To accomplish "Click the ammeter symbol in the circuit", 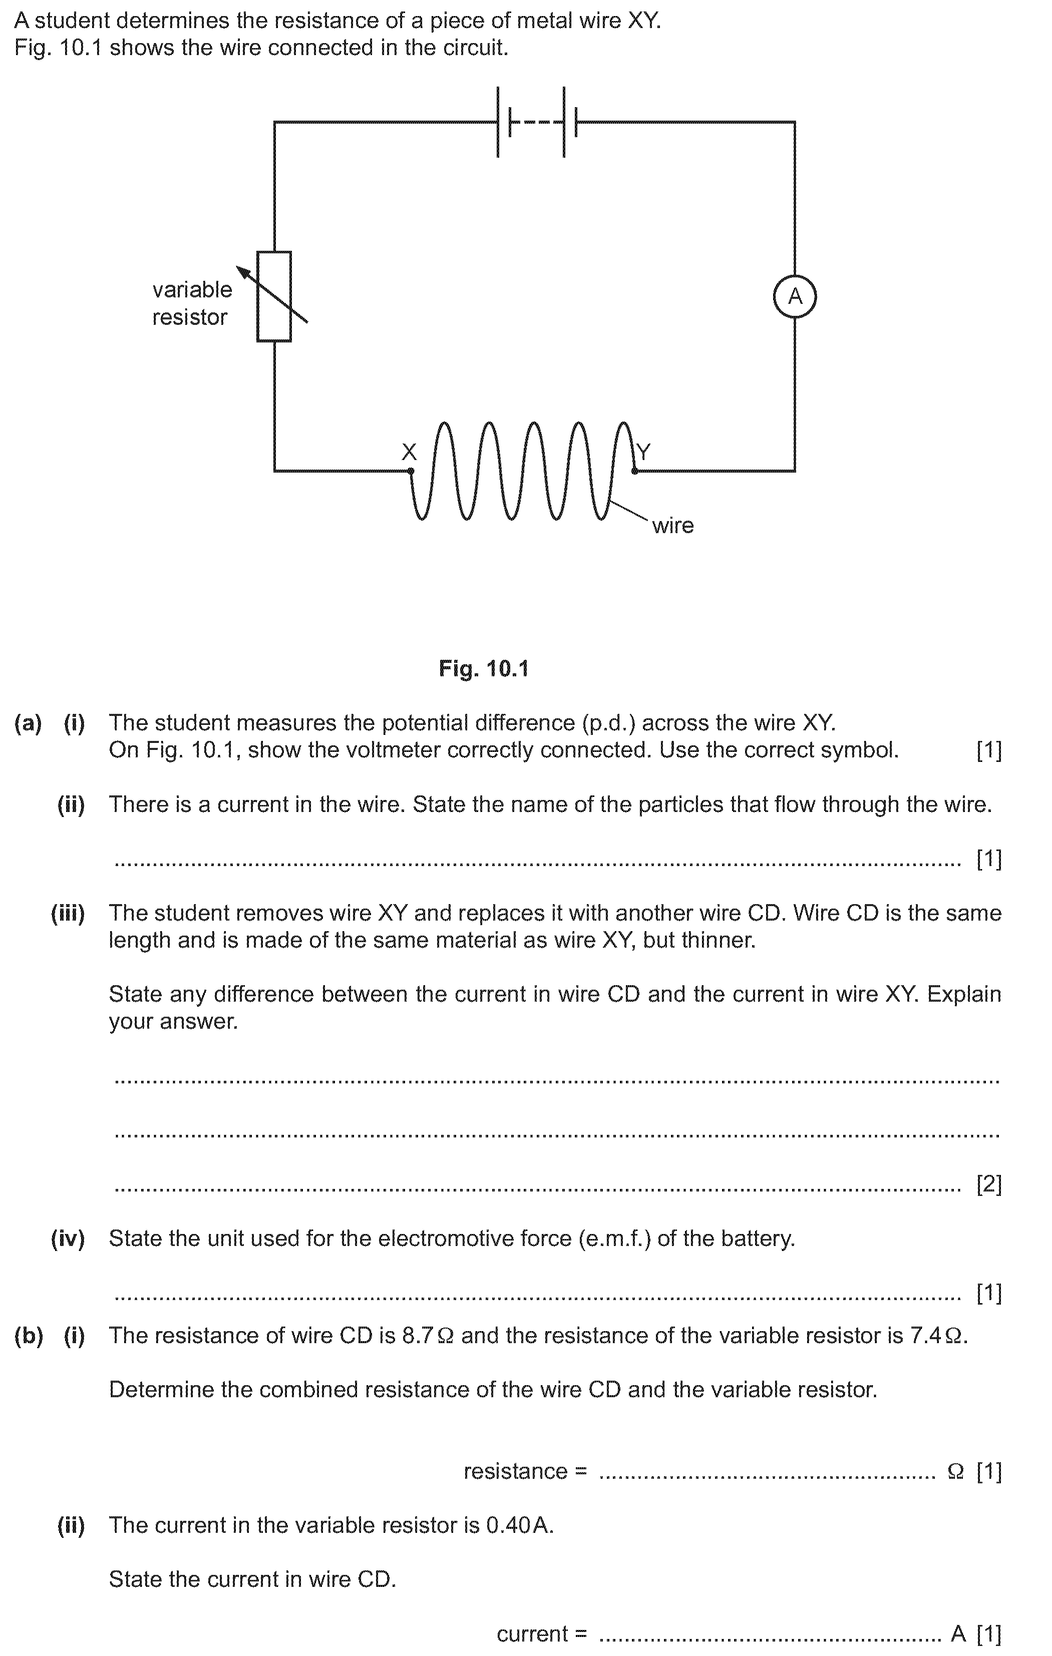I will pyautogui.click(x=795, y=296).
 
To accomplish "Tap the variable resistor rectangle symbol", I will pyautogui.click(x=274, y=296).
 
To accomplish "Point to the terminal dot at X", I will pyautogui.click(x=411, y=471).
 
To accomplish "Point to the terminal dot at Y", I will pyautogui.click(x=634, y=471).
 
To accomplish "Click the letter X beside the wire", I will pyautogui.click(x=409, y=452).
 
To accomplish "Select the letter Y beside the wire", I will pyautogui.click(x=643, y=452).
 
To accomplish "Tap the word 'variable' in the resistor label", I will pyautogui.click(x=192, y=289).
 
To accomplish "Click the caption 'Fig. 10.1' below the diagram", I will pyautogui.click(x=484, y=668).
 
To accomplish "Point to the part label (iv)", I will pyautogui.click(x=68, y=1238).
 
